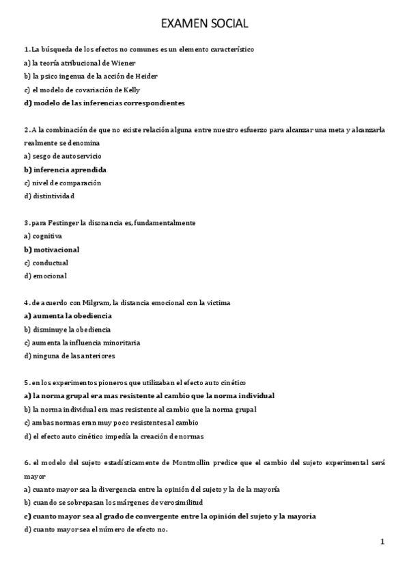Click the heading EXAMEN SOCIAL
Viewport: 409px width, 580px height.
pyautogui.click(x=204, y=24)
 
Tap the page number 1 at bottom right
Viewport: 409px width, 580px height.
pyautogui.click(x=383, y=542)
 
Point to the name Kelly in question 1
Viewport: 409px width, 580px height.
pyautogui.click(x=132, y=90)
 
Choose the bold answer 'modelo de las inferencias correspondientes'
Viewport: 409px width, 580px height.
pyautogui.click(x=109, y=103)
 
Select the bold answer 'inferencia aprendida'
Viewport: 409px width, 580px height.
pyautogui.click(x=70, y=169)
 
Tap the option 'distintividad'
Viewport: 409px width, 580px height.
pyautogui.click(x=53, y=196)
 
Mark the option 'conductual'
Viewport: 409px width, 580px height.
pyautogui.click(x=50, y=263)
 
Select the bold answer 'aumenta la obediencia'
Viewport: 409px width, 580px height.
pyautogui.click(x=72, y=315)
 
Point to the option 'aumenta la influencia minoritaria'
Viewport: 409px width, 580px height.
pyautogui.click(x=86, y=342)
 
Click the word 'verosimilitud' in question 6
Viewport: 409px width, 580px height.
pyautogui.click(x=168, y=503)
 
